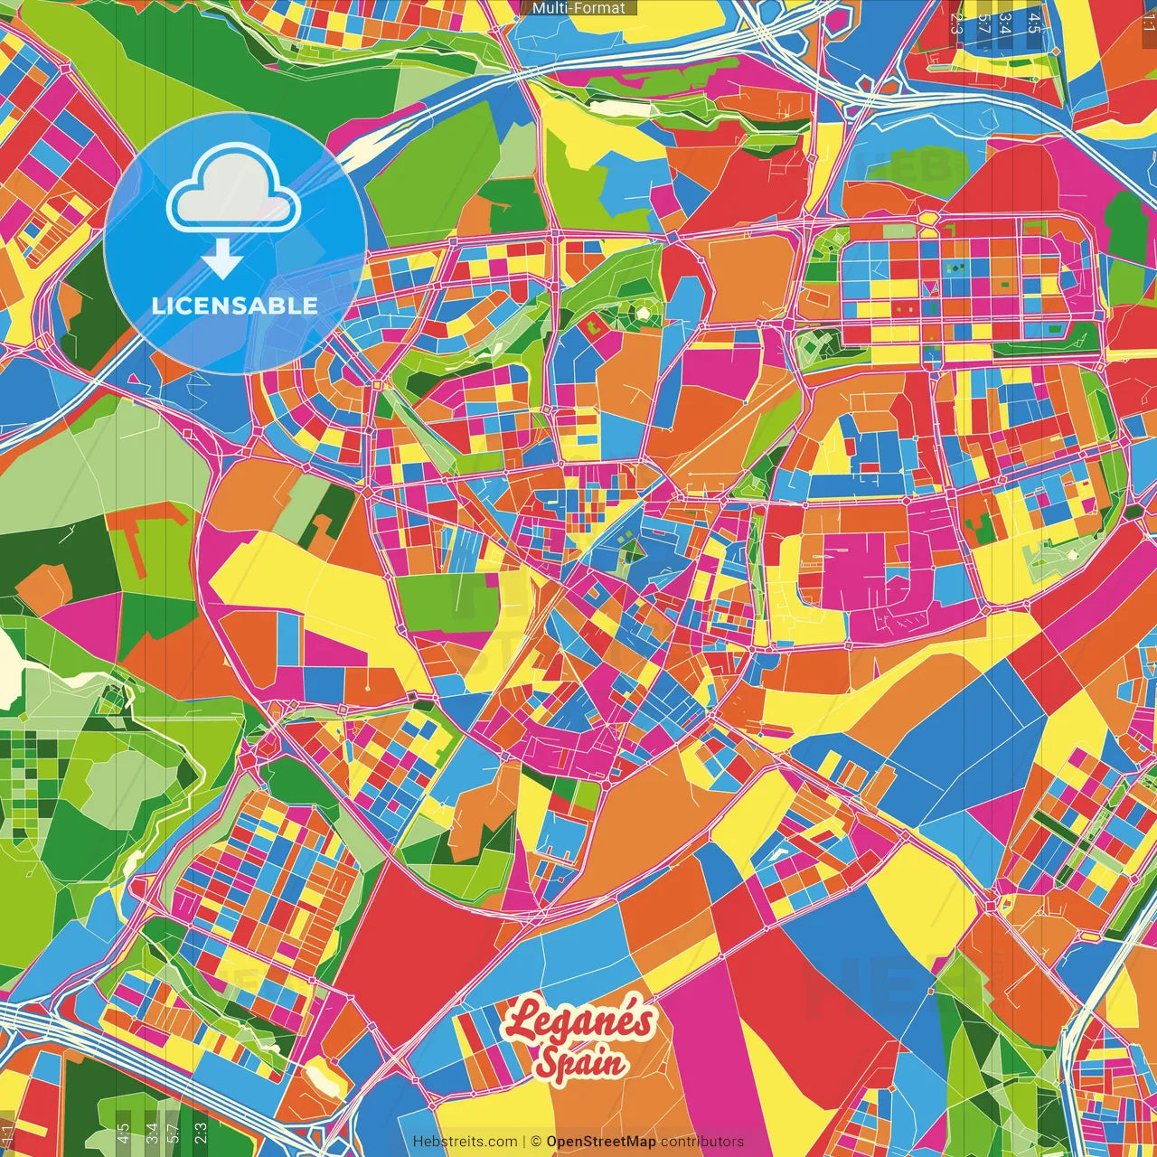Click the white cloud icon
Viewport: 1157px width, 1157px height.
[233, 201]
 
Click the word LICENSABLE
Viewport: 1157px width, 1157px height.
[235, 306]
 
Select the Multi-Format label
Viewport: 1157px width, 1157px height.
[578, 8]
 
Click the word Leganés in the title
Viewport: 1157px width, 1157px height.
[579, 1021]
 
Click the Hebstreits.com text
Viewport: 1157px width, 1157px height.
[465, 1142]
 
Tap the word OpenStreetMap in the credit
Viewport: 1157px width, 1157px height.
[601, 1142]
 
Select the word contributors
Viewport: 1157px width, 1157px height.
[702, 1142]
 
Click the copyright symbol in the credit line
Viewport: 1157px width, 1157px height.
[535, 1142]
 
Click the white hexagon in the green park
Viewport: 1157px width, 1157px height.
[643, 314]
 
